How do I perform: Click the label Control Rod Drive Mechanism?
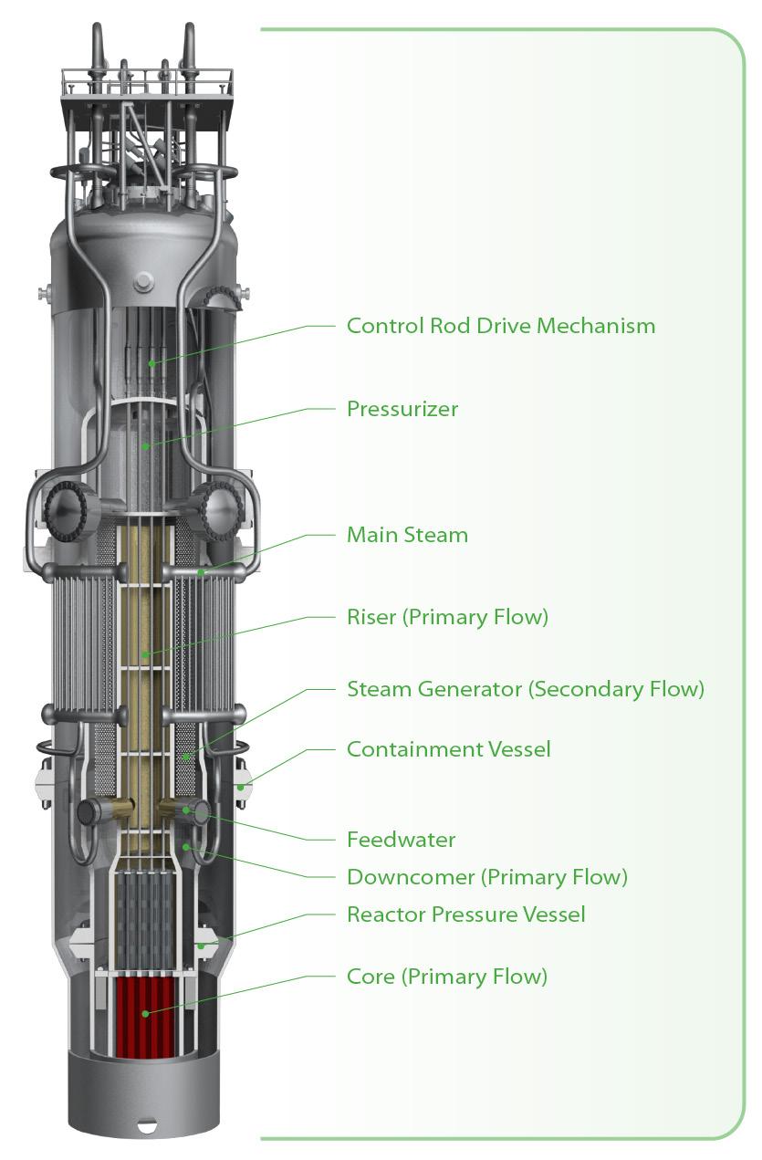point(500,326)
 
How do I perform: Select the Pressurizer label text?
point(402,409)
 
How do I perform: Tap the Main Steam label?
point(407,535)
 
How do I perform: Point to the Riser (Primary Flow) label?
point(447,617)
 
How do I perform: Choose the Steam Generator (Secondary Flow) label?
point(525,689)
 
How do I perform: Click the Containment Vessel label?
point(448,749)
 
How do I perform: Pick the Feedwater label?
point(401,839)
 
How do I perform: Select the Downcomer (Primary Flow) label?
point(486,877)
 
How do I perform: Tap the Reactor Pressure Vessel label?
point(465,914)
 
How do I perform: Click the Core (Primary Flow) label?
point(446,977)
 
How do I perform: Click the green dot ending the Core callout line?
point(144,1013)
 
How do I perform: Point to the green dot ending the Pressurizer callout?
point(146,446)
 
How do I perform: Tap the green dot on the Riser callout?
point(146,653)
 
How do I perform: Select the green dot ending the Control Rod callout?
point(151,363)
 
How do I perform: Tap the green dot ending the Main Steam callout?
point(201,573)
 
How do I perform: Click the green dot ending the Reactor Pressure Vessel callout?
point(202,946)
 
